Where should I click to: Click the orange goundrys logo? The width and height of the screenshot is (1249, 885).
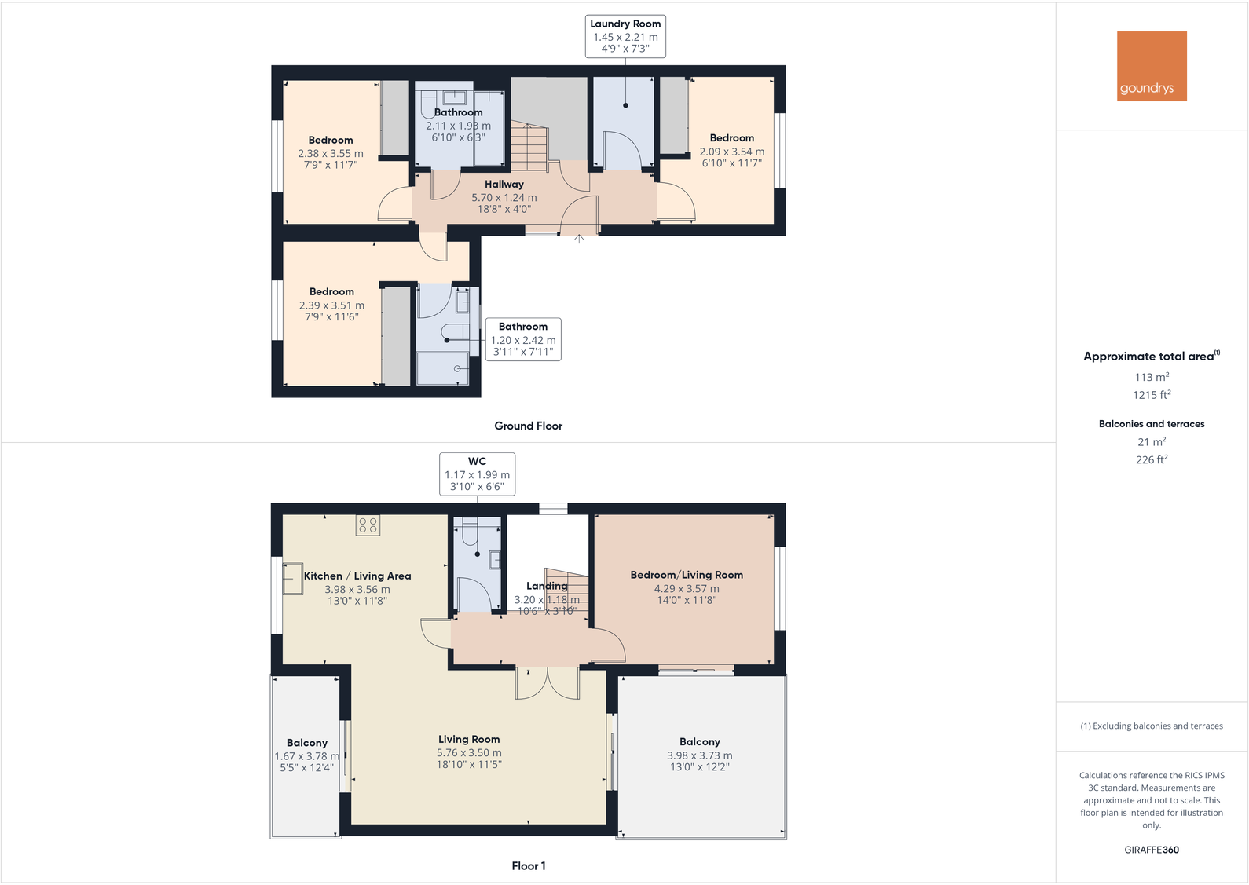(x=1152, y=66)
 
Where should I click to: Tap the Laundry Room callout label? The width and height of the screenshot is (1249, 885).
(x=625, y=36)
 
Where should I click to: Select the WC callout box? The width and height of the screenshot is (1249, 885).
(x=477, y=474)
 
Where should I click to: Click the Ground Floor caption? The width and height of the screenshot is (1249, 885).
(x=528, y=426)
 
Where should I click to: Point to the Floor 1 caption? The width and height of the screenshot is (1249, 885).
(x=528, y=865)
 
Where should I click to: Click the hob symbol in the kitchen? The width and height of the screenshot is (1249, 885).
(x=368, y=525)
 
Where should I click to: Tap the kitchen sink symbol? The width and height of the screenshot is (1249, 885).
(x=293, y=578)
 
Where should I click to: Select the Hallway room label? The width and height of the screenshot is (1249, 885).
(x=504, y=185)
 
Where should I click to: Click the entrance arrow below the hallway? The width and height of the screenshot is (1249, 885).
(x=579, y=238)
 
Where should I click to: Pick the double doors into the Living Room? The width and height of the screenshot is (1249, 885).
(x=548, y=683)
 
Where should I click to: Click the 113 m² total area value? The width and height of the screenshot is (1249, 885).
(x=1151, y=377)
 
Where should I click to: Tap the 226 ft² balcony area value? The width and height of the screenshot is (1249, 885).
(x=1151, y=460)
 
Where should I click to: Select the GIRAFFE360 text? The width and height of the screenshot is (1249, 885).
(x=1151, y=850)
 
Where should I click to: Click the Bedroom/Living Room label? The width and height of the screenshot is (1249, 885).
(x=687, y=575)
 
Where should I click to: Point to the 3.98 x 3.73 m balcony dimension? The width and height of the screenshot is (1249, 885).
(x=699, y=755)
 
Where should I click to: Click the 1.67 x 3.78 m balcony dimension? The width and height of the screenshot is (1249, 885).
(x=306, y=756)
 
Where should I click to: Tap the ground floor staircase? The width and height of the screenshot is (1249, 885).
(x=528, y=149)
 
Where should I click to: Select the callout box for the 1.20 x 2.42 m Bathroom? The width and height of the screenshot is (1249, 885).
(x=523, y=339)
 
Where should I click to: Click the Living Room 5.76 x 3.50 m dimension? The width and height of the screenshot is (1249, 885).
(x=469, y=752)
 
